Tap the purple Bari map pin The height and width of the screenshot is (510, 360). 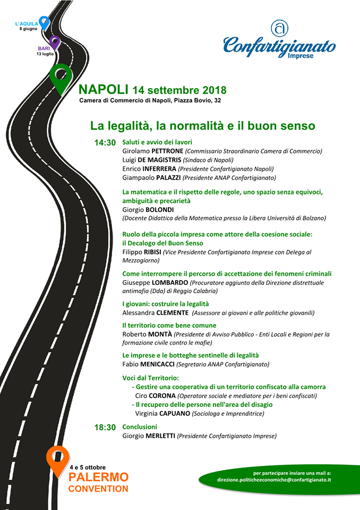point(55,42)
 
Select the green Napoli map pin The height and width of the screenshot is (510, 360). point(61,77)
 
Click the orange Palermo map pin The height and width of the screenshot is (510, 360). point(58,459)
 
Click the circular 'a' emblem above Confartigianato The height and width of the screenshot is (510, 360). point(279,28)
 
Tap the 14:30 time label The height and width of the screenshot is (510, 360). point(105,143)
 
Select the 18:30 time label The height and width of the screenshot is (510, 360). point(105,427)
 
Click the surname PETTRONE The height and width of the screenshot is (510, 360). point(168,151)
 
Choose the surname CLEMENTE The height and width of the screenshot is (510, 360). point(171,313)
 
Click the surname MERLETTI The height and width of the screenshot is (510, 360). point(160,436)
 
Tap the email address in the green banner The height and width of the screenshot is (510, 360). point(274,480)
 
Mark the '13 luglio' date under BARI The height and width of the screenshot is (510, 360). point(45,54)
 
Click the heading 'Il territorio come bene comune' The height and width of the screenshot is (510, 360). point(169,325)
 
